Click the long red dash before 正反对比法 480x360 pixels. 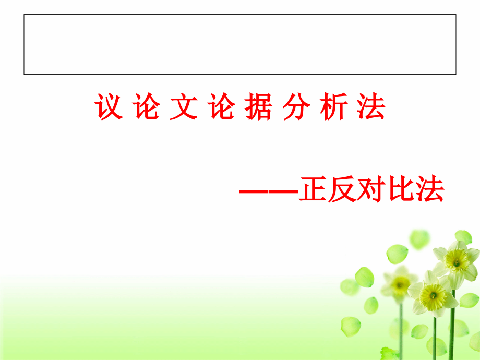point(268,191)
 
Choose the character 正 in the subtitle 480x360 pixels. point(312,190)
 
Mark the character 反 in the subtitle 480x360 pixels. point(341,190)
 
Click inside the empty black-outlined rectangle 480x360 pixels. point(240,44)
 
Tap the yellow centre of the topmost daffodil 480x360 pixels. point(457,259)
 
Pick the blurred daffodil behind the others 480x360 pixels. point(400,284)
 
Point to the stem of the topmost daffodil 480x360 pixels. point(452,323)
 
